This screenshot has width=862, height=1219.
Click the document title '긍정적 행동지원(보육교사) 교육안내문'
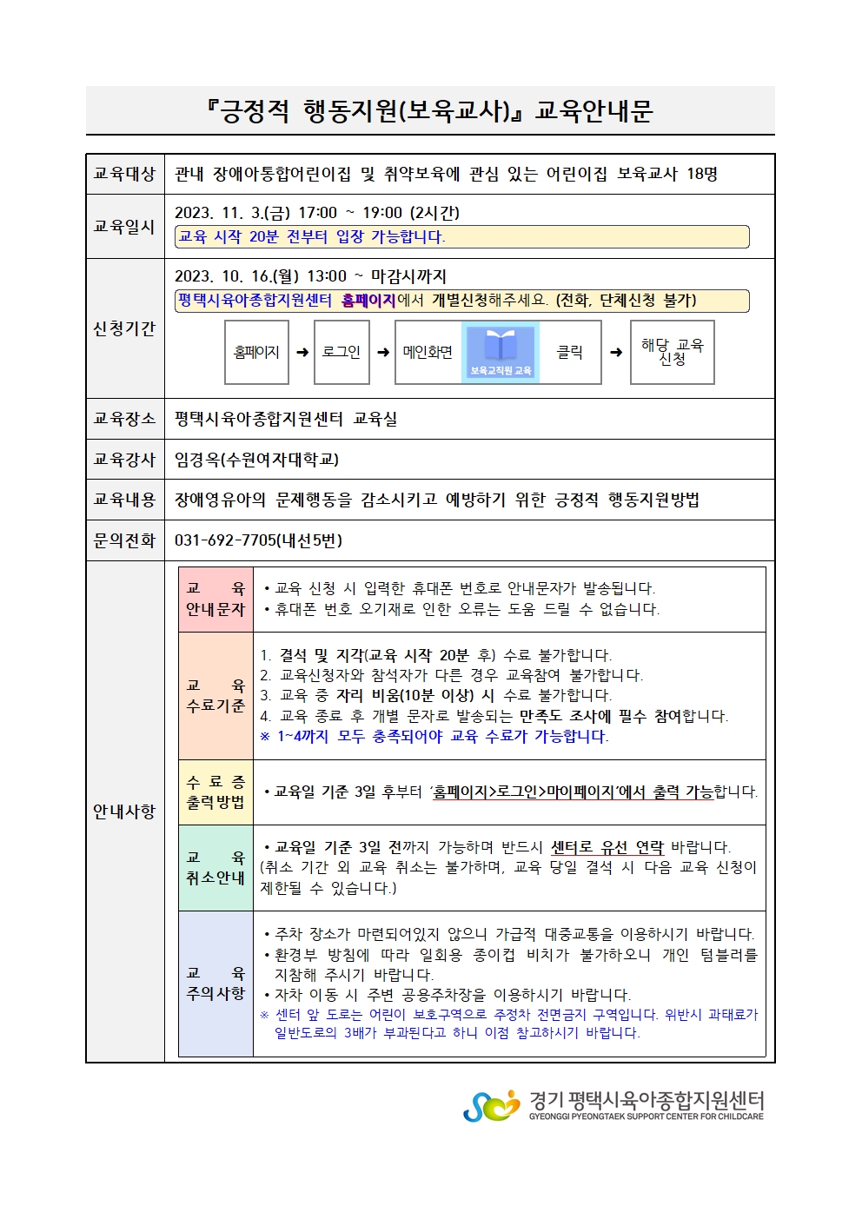pos(429,110)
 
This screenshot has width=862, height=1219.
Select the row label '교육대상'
pos(124,174)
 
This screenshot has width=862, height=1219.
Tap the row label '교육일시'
pos(124,226)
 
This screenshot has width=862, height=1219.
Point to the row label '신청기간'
pos(124,328)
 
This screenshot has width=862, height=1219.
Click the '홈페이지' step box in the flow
pos(256,352)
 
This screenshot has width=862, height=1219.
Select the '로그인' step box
pos(341,352)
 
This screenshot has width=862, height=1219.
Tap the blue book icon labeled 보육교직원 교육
pos(501,351)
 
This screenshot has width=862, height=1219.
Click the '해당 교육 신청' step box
pos(672,352)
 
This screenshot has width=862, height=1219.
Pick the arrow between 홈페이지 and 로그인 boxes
pos(302,352)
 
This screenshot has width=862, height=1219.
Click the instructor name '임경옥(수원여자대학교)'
pos(256,459)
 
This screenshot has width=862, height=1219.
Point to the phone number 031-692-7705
pos(258,540)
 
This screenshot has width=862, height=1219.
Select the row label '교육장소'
pos(124,419)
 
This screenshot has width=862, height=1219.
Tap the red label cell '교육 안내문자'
pos(215,600)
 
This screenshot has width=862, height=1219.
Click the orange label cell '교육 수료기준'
pos(215,696)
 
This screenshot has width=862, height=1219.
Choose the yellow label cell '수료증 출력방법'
pos(215,792)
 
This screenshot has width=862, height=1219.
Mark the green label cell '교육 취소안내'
pos(215,868)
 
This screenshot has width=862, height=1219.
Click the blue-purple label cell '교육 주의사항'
pos(215,984)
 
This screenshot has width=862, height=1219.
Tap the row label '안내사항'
pos(124,812)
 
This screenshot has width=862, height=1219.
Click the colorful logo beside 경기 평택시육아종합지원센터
pos(491,1105)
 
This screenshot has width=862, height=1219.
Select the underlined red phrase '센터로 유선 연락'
pos(607,847)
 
